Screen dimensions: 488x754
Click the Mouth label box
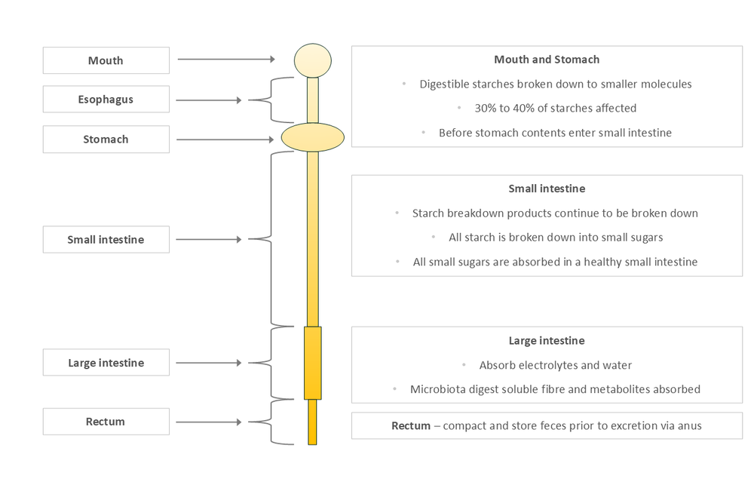pos(106,60)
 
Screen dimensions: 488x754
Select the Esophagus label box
pos(106,100)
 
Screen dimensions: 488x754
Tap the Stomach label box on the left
pos(106,140)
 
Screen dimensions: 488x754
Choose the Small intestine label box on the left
pos(106,240)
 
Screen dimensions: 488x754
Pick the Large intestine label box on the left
pos(106,363)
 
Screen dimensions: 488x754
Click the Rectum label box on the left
pos(106,422)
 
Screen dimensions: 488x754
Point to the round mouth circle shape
pos(312,60)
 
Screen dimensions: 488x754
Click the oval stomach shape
pos(312,137)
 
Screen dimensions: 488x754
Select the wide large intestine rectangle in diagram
pos(312,363)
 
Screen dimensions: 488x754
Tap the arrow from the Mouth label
pos(226,59)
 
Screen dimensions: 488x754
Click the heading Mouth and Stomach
pos(547,60)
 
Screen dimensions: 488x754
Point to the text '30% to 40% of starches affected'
pos(555,108)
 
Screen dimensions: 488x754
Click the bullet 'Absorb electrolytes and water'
pos(555,365)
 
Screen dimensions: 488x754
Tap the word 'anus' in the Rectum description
pos(689,425)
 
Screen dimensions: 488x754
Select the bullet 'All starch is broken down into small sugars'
pos(556,237)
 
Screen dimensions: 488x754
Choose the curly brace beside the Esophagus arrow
pos(260,100)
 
